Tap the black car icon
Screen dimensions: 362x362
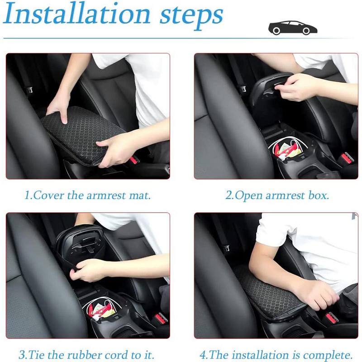(x=292, y=28)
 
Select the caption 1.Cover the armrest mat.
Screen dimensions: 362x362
(x=87, y=196)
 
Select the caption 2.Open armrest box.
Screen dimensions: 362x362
(x=277, y=196)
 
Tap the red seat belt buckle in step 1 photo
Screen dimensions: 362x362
(x=133, y=160)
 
